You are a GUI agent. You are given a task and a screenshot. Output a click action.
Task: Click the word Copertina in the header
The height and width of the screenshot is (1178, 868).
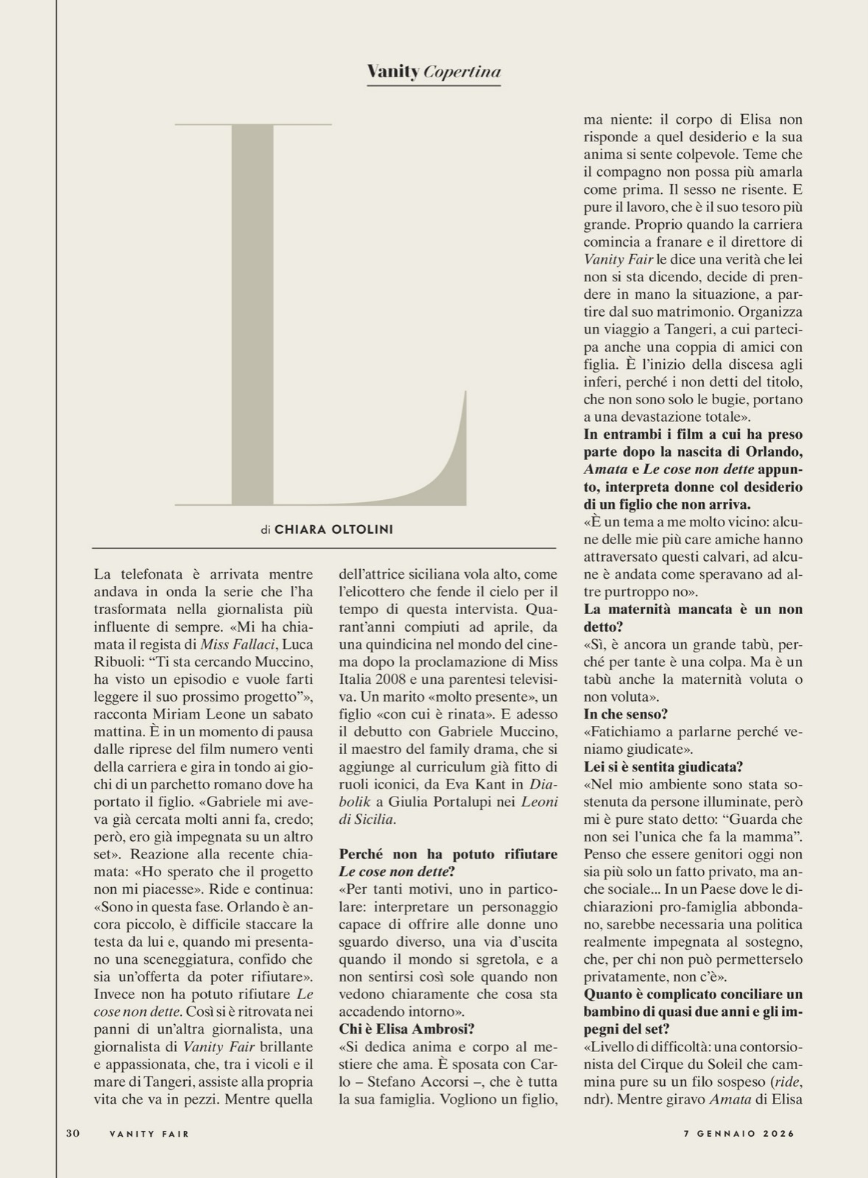pyautogui.click(x=462, y=71)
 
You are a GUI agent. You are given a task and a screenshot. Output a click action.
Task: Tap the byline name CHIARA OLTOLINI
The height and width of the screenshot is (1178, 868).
pyautogui.click(x=334, y=529)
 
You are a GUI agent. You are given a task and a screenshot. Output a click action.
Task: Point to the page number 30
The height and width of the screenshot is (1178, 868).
pyautogui.click(x=72, y=1134)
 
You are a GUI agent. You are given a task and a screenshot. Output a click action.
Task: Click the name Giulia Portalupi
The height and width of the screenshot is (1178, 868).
pyautogui.click(x=428, y=802)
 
